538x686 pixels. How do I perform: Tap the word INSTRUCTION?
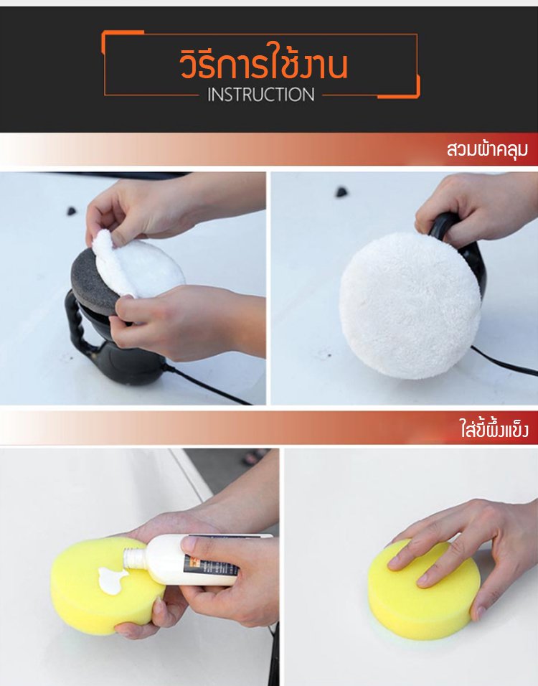tap(260, 95)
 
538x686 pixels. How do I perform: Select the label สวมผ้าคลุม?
tap(487, 149)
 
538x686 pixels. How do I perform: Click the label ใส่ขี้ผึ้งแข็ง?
tap(494, 427)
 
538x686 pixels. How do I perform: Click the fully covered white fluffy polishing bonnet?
tap(410, 306)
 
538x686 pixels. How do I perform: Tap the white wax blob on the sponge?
tap(111, 580)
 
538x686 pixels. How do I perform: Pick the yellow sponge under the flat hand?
tap(423, 589)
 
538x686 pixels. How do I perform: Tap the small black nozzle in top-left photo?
tap(71, 211)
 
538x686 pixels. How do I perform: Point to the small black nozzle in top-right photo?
tap(341, 192)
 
